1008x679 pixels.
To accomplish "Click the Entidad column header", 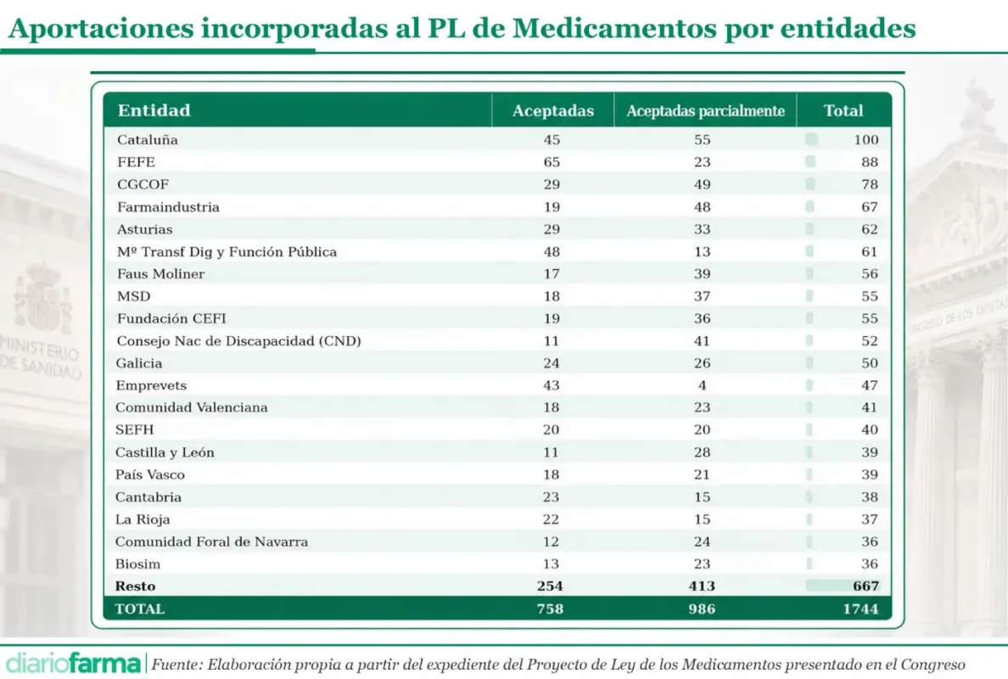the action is pos(154,110).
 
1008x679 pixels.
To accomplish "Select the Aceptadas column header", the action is pos(553,110).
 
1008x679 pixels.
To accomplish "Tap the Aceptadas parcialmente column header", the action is pos(705,110).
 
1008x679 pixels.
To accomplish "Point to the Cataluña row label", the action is pos(148,139).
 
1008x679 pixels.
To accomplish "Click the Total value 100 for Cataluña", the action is pos(866,139).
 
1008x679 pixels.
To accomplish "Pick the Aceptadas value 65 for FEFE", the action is pos(552,162).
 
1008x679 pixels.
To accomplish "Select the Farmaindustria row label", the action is pos(168,207).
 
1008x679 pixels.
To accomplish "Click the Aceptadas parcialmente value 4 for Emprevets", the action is pos(702,385).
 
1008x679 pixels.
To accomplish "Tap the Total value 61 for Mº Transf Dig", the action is pos(870,251).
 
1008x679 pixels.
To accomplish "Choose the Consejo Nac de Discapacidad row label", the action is pos(238,341).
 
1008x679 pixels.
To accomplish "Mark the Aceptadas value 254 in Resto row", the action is pos(550,586).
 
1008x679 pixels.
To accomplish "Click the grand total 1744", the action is pos(860,609).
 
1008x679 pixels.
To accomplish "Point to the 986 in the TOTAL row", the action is pos(702,609).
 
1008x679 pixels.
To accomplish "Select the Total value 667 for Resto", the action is pos(866,586).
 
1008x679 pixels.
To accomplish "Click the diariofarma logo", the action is pos(73,663).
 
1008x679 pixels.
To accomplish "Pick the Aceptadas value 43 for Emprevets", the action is pos(551,385).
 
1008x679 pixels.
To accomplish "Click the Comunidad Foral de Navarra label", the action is pos(211,542).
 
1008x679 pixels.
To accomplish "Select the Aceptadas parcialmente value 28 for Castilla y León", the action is pos(702,452).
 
